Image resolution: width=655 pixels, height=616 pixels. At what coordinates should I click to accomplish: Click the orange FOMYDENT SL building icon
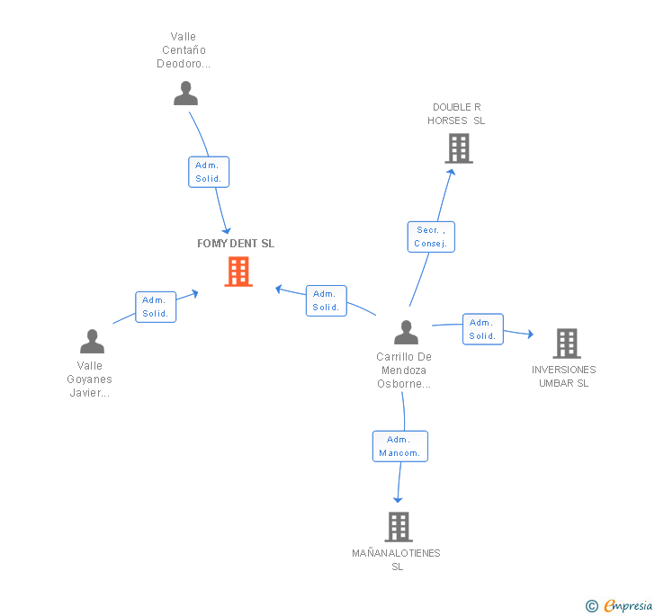[238, 272]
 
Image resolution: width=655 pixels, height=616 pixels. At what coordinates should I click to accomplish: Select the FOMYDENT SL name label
[236, 244]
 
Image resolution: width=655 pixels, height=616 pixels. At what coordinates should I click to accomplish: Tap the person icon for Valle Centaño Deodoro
[185, 94]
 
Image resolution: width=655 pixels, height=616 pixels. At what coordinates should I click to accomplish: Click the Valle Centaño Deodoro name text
[184, 50]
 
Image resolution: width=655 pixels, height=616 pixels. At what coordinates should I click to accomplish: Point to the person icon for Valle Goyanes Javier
[92, 342]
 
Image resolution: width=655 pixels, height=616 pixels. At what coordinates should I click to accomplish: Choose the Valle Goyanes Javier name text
[90, 379]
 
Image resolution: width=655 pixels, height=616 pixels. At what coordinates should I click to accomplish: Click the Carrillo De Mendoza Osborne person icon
[406, 333]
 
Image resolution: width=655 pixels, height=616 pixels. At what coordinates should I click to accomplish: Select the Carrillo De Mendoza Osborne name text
[404, 370]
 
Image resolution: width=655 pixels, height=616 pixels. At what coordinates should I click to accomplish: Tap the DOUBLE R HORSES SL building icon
[459, 148]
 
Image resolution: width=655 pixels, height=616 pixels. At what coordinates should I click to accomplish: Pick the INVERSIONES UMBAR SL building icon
[566, 343]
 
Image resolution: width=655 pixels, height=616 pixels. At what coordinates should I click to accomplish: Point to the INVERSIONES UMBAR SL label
[563, 376]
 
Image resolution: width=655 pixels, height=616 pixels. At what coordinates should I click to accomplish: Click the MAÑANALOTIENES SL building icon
[398, 526]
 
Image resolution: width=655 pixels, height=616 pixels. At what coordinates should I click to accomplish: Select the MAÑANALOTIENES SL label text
[397, 559]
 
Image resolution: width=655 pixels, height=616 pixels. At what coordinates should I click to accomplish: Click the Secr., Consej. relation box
[431, 237]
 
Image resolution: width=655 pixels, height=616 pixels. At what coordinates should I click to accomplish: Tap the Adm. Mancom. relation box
[399, 446]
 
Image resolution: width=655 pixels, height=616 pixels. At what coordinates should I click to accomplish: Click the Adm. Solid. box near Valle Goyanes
[156, 308]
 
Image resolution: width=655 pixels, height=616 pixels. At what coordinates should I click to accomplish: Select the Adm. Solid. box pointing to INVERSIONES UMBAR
[482, 329]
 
